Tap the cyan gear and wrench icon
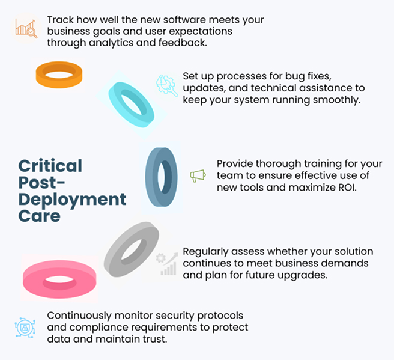166,85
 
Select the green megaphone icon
198,175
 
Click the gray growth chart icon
167,264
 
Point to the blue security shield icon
25,328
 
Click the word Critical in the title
50,166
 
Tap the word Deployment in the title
72,200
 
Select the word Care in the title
40,216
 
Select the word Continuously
79,316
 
